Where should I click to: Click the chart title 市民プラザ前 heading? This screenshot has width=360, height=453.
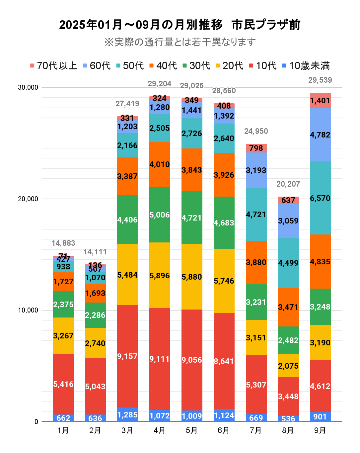pos(180,25)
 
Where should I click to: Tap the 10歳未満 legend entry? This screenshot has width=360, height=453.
pos(306,66)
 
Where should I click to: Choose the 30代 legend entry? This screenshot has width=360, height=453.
pos(196,66)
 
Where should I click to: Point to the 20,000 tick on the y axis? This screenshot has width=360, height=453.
pos(28,199)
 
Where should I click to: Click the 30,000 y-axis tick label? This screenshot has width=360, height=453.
pos(28,87)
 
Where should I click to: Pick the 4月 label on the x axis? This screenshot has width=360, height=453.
pos(160,430)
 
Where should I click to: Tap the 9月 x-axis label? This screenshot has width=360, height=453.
pos(320,430)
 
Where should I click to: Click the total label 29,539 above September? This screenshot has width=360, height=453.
pos(320,80)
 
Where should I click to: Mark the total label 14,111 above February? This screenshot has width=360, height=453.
pos(95,252)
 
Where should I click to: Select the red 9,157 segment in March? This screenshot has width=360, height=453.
pos(127,356)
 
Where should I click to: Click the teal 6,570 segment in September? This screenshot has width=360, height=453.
pos(320,198)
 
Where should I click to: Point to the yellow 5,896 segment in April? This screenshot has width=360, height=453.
pos(160,275)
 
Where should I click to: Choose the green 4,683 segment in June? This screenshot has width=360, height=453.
pos(224,223)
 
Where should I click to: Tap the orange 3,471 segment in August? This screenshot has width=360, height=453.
pos(288,307)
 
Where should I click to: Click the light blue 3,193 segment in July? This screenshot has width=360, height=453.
pos(256,170)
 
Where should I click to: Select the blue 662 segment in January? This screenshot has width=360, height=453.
pos(63,418)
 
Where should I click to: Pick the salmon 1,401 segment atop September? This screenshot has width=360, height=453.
pos(320,101)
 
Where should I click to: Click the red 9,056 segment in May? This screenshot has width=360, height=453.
pos(192,360)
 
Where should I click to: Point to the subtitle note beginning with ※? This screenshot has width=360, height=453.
pos(180,42)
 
